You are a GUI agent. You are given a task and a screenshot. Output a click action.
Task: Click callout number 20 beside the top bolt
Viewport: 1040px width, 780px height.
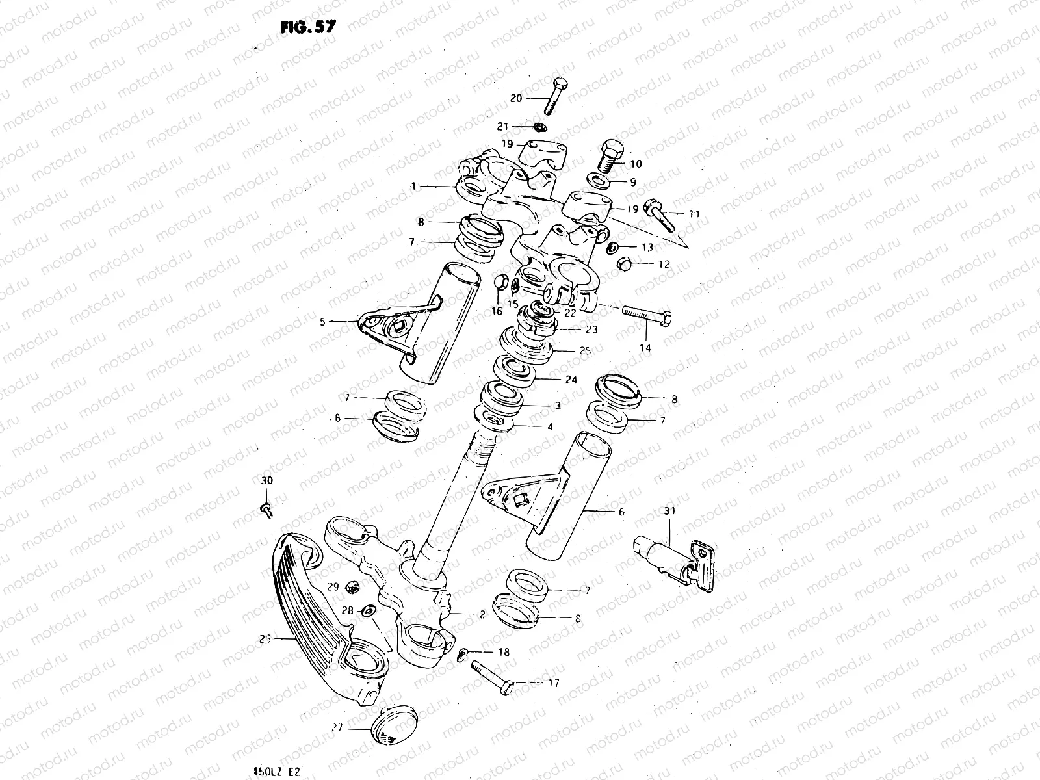(516, 98)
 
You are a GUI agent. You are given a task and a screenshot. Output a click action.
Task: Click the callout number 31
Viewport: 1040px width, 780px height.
(669, 511)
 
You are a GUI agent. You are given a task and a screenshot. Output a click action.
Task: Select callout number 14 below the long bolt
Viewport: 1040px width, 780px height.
(645, 348)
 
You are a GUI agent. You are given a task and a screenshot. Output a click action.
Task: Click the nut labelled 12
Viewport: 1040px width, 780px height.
(620, 264)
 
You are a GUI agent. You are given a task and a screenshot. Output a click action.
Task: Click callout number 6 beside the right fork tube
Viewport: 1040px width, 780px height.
(621, 512)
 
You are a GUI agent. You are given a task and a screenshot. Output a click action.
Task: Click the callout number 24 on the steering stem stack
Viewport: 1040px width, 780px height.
(571, 380)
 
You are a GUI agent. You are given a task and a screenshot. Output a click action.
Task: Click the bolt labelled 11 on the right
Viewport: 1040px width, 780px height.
(658, 211)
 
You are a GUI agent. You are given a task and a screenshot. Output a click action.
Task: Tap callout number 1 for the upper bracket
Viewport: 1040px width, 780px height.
(413, 187)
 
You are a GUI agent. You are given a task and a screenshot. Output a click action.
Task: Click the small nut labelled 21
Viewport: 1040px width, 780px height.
(540, 126)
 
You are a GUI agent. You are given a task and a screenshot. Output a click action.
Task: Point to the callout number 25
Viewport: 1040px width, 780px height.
(584, 351)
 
